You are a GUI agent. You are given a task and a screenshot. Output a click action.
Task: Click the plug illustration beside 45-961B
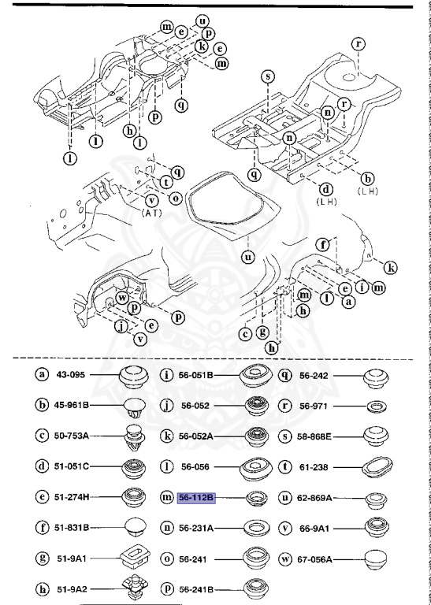(x=133, y=407)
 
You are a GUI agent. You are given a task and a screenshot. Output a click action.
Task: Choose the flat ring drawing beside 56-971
(x=377, y=406)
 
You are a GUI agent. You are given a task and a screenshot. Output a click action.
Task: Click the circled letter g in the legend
(x=43, y=559)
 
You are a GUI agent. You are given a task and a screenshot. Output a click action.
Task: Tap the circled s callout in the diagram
(x=268, y=76)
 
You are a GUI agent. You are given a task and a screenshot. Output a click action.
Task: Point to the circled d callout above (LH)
(x=324, y=189)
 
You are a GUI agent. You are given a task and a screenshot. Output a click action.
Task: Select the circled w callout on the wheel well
(x=123, y=298)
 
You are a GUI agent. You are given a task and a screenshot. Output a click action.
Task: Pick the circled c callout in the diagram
(x=247, y=333)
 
